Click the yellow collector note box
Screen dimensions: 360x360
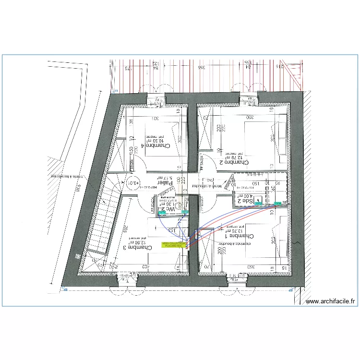(x=173, y=245)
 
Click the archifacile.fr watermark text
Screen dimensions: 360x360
(x=330, y=301)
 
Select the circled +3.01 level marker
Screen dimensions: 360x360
(x=133, y=182)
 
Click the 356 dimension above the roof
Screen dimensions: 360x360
(x=201, y=67)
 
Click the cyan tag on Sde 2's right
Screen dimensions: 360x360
(x=278, y=204)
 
